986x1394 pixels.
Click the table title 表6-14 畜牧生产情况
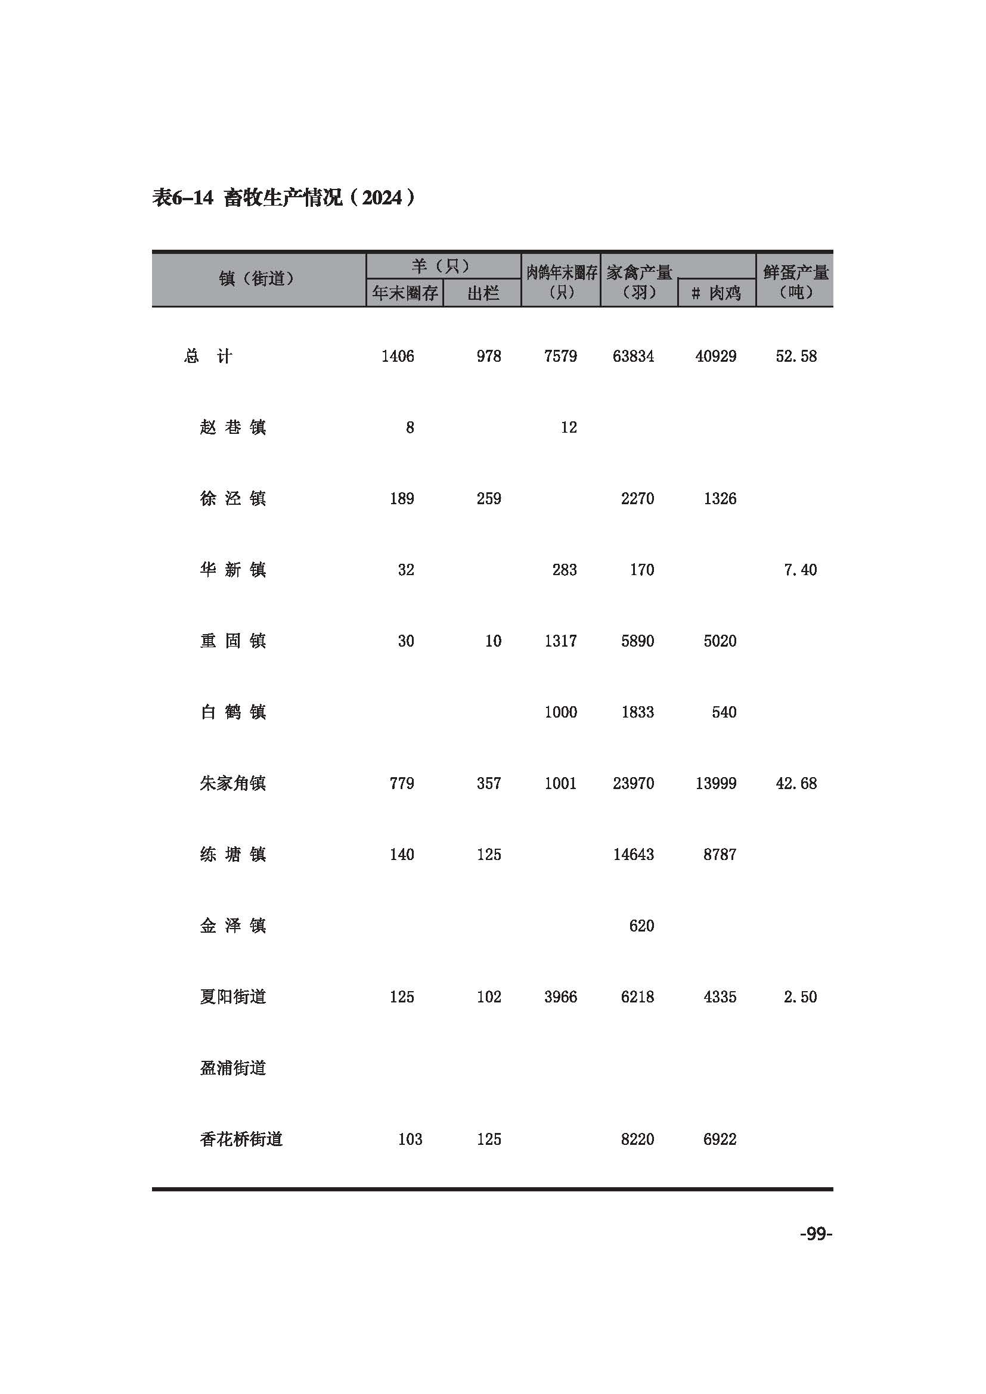[283, 198]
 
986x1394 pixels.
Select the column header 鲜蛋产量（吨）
[795, 282]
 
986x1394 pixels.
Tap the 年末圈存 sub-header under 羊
[404, 294]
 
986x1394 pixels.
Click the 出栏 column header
[483, 294]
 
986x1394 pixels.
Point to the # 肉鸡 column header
[717, 294]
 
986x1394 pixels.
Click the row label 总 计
[207, 356]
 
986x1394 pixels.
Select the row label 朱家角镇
[232, 783]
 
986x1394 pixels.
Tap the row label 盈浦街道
[232, 1068]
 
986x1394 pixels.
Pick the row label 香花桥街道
[241, 1139]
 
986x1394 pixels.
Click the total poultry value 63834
[633, 356]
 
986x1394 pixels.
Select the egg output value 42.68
[796, 783]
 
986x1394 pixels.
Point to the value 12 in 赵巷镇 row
[568, 427]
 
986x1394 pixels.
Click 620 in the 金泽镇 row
[641, 926]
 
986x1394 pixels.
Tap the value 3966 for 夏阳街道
[560, 997]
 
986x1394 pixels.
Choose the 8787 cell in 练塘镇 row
[720, 854]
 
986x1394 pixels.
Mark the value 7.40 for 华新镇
[800, 570]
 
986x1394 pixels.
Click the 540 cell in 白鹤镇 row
[724, 712]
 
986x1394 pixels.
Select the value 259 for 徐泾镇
[489, 498]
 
